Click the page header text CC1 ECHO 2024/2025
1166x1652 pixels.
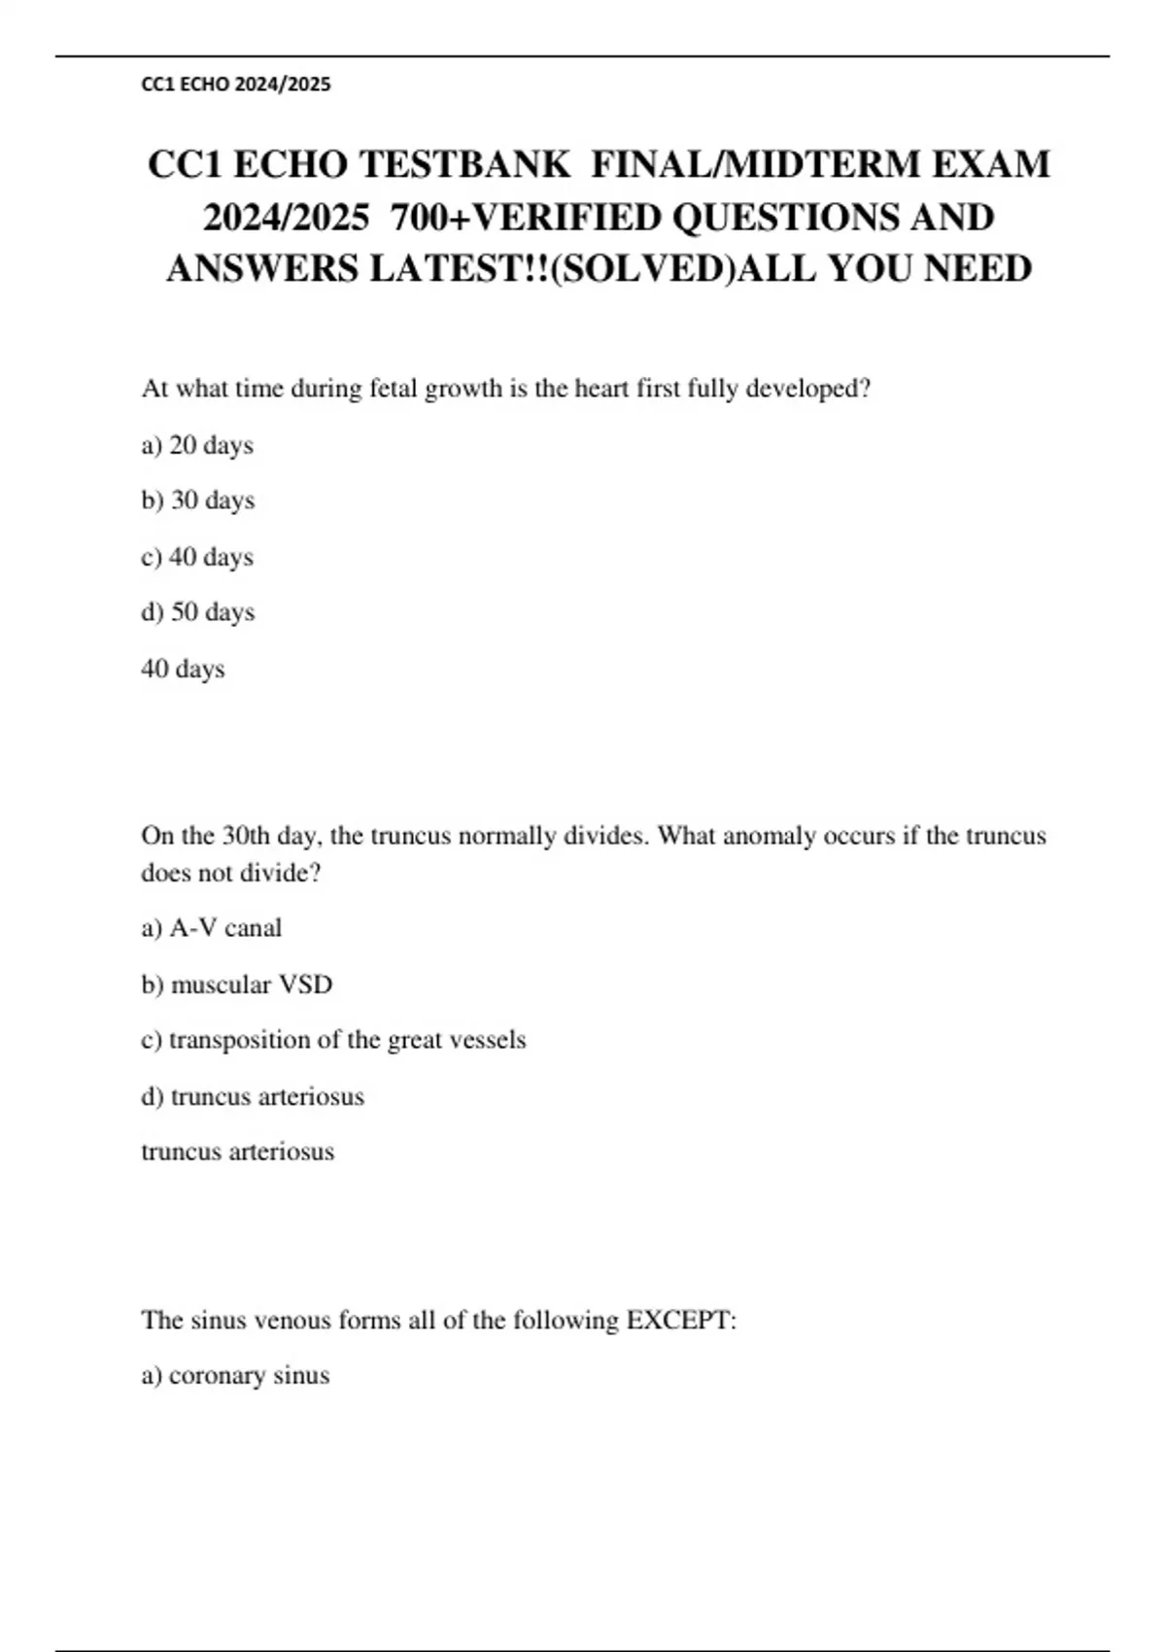pos(236,85)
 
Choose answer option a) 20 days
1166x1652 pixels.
pos(197,445)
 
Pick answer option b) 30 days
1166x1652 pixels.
pos(198,500)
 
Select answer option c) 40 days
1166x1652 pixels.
pos(197,557)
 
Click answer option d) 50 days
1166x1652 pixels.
pos(198,612)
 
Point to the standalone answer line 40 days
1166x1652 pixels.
pos(183,669)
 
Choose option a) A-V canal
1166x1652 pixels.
pos(212,928)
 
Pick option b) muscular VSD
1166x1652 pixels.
pos(237,984)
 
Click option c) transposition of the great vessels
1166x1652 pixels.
pos(333,1040)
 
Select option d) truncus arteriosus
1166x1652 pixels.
pos(253,1096)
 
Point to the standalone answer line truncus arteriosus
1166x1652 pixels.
pos(238,1152)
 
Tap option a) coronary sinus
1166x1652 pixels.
pos(235,1375)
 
